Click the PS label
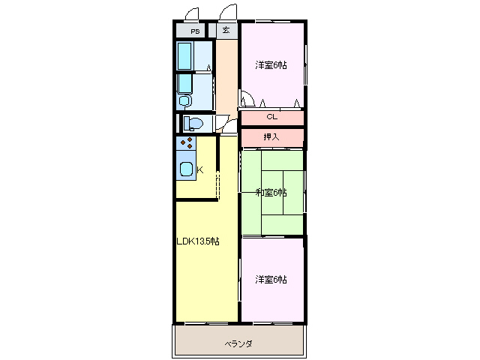click(195, 31)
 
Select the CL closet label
click(271, 117)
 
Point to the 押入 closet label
click(271, 137)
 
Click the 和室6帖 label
click(271, 193)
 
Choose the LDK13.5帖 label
click(198, 241)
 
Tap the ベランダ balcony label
click(239, 343)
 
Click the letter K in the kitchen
click(199, 170)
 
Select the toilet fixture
click(193, 124)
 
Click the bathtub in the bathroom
click(184, 55)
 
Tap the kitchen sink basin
click(186, 169)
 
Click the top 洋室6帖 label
click(271, 65)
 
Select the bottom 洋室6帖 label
click(271, 279)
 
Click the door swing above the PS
click(193, 14)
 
